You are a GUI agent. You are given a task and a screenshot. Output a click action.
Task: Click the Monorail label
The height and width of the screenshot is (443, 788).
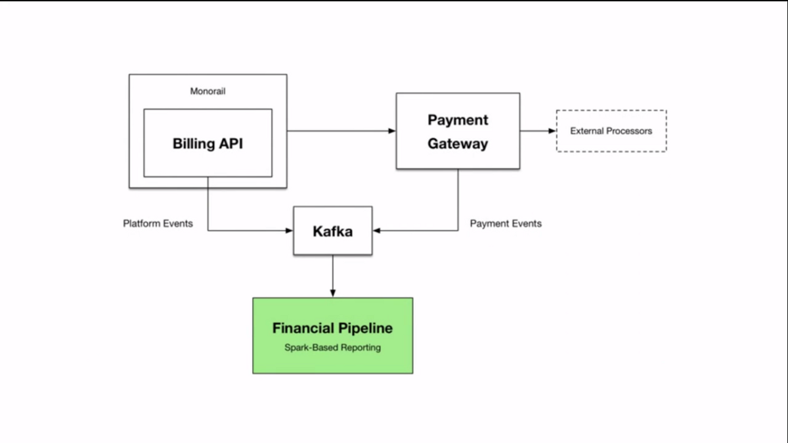click(x=208, y=91)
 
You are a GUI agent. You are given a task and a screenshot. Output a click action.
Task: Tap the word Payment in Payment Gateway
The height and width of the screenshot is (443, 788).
click(x=458, y=120)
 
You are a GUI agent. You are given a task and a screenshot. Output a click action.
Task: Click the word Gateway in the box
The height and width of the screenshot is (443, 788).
click(x=458, y=144)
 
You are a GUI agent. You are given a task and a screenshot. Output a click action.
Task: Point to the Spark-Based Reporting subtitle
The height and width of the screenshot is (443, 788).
click(x=332, y=348)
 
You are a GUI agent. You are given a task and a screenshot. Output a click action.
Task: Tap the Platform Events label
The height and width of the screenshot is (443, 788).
click(x=158, y=223)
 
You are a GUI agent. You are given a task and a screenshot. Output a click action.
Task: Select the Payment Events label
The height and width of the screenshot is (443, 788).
click(x=506, y=223)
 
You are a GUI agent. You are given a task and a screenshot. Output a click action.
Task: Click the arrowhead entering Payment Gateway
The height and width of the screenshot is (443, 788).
click(x=392, y=131)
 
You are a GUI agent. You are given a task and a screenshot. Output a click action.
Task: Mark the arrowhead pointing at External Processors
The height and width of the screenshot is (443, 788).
click(x=552, y=131)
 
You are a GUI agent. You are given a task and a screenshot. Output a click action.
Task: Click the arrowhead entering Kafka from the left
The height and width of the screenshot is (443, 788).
click(x=289, y=231)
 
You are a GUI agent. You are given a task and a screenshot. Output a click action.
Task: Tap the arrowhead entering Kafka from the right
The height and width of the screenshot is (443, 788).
click(x=376, y=231)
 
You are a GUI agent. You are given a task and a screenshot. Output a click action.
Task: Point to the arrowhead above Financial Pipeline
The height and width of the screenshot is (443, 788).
click(x=333, y=293)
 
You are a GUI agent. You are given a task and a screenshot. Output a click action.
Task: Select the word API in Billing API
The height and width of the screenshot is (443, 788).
click(x=230, y=144)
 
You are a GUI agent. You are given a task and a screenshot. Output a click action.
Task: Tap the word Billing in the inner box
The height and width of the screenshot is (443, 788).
click(x=194, y=144)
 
